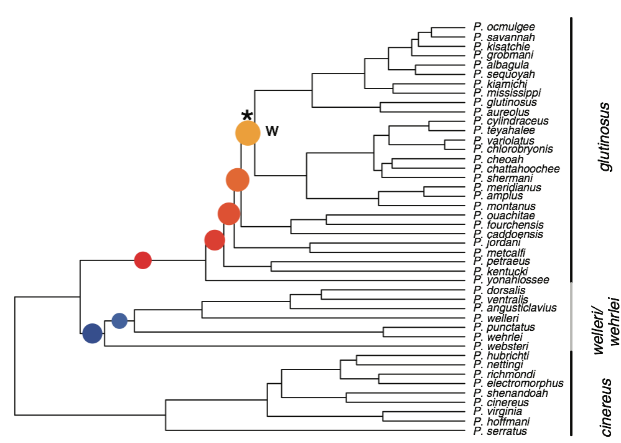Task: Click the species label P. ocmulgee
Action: pos(504,27)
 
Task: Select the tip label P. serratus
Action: pos(500,431)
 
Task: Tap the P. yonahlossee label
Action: pos(511,280)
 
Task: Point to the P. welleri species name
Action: pos(496,318)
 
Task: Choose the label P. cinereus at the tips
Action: pos(501,403)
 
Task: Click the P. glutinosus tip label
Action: pos(505,102)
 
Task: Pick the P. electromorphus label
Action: pos(518,384)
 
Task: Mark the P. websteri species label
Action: pos(501,346)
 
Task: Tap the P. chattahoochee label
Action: pos(516,169)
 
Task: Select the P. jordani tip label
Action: pos(497,243)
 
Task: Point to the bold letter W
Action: pos(272,130)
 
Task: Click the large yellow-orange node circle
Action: pos(248,133)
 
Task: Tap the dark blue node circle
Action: pos(92,333)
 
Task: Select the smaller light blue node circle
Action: pos(119,321)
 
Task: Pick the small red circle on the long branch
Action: pos(143,260)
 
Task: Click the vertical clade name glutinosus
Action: pos(604,137)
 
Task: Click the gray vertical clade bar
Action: pos(571,316)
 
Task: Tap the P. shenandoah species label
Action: pos(510,393)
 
